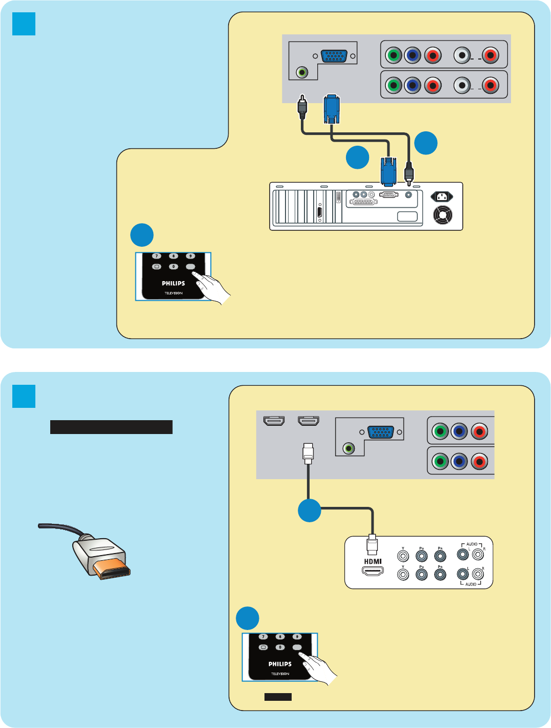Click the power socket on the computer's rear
(441, 196)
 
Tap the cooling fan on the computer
(443, 215)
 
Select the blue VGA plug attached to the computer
(388, 171)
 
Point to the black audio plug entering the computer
(409, 172)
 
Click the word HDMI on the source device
(373, 561)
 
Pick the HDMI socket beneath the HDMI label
(373, 571)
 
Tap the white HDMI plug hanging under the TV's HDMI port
(308, 452)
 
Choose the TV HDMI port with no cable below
(274, 421)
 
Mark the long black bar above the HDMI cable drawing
(111, 427)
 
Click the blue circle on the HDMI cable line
(310, 510)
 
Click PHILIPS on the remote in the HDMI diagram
(280, 664)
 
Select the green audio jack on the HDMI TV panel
(349, 449)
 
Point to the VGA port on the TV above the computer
(334, 56)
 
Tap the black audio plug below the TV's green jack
(302, 107)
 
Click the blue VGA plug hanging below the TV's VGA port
(332, 109)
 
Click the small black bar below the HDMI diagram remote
(278, 697)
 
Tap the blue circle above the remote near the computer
(142, 235)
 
